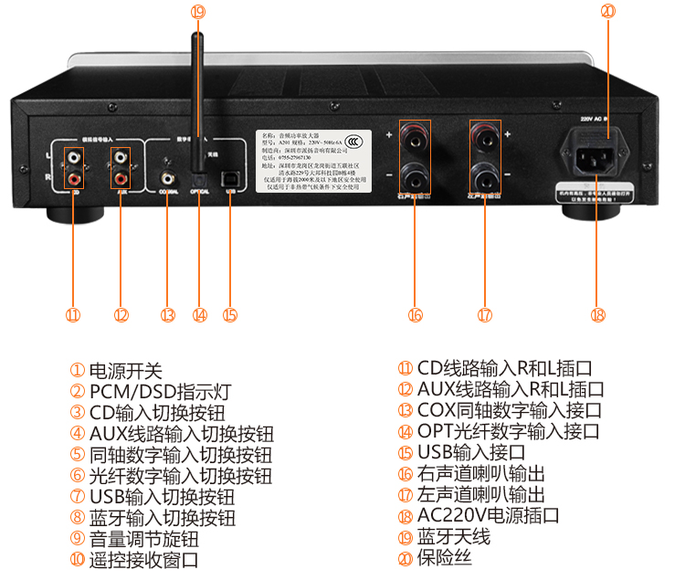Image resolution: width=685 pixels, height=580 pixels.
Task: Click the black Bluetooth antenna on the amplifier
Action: [195, 91]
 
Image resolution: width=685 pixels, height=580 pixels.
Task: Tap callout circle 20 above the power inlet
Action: [608, 12]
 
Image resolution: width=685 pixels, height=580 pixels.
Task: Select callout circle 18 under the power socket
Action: [598, 315]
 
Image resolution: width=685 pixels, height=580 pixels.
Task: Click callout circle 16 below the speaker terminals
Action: [416, 315]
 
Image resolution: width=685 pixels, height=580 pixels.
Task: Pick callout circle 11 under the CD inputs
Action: [72, 315]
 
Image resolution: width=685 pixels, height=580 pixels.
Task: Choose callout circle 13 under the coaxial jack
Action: [166, 315]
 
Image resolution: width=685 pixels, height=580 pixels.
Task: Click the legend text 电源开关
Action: [125, 371]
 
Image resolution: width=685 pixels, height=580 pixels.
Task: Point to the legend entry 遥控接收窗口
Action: [143, 559]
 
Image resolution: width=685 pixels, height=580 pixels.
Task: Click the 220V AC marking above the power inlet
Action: [594, 119]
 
